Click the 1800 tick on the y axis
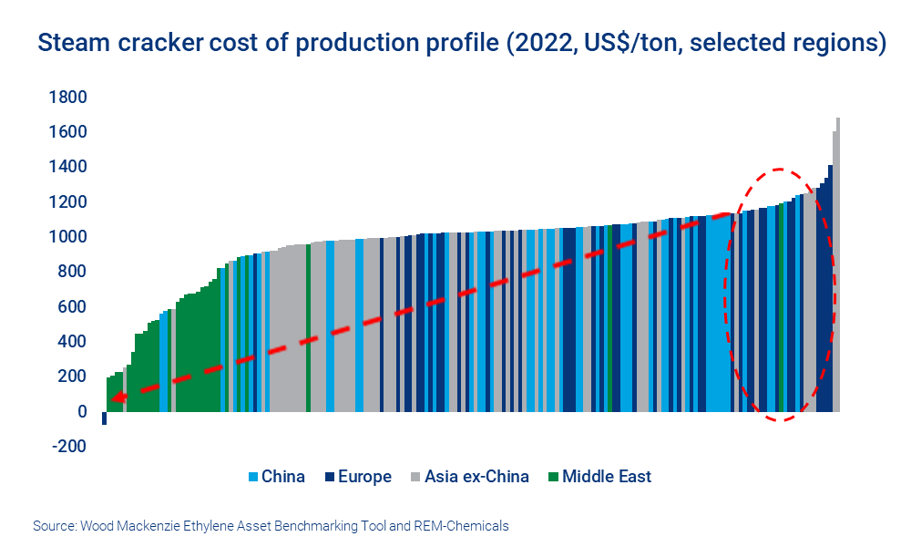[69, 97]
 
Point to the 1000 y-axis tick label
[69, 237]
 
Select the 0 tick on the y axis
[81, 411]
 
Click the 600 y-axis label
[73, 307]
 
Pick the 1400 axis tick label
[69, 167]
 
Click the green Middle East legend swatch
[553, 477]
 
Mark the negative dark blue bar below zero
[104, 418]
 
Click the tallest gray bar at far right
[837, 264]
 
